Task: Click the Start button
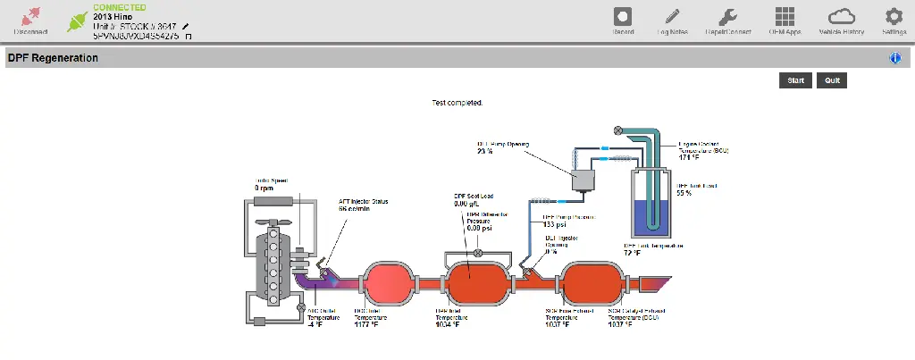click(795, 80)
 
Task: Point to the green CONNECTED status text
click(120, 7)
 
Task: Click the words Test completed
click(457, 103)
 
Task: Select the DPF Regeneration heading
click(53, 58)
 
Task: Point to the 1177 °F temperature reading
click(366, 324)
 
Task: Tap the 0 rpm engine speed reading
click(264, 188)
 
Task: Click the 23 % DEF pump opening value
click(485, 151)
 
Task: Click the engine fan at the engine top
click(271, 223)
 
